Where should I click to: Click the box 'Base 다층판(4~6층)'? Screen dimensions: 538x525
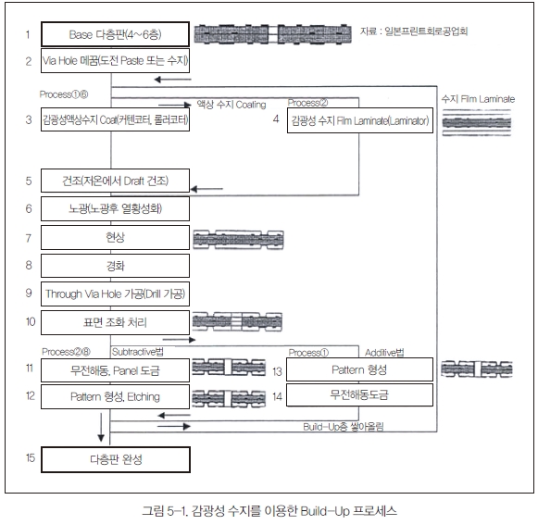click(115, 34)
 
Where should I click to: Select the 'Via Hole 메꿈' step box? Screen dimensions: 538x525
click(115, 61)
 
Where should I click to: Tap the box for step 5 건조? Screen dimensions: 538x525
click(115, 181)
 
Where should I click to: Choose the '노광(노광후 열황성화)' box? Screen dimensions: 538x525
click(115, 208)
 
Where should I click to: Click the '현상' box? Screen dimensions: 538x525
click(115, 237)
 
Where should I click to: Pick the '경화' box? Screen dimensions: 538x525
click(115, 266)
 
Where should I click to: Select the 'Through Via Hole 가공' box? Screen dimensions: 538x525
click(115, 294)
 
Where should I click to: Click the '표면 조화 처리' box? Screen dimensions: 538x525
click(115, 322)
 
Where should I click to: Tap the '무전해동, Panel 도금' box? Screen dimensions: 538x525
click(115, 370)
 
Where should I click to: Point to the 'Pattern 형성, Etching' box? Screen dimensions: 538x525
click(115, 396)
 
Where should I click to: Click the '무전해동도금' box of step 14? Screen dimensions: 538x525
click(359, 395)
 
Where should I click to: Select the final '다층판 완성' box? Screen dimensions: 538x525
click(116, 459)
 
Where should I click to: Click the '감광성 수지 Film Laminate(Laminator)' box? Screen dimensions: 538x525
click(360, 120)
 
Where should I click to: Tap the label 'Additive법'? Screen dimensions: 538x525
click(384, 353)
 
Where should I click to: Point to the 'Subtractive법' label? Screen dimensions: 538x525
click(138, 352)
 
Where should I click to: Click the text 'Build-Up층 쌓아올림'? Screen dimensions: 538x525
click(344, 427)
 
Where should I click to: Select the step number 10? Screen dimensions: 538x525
click(31, 321)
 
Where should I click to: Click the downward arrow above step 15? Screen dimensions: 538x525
click(101, 427)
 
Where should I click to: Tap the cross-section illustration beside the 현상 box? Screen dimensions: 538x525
click(238, 240)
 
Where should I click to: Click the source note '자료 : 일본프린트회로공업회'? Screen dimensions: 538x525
click(414, 31)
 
